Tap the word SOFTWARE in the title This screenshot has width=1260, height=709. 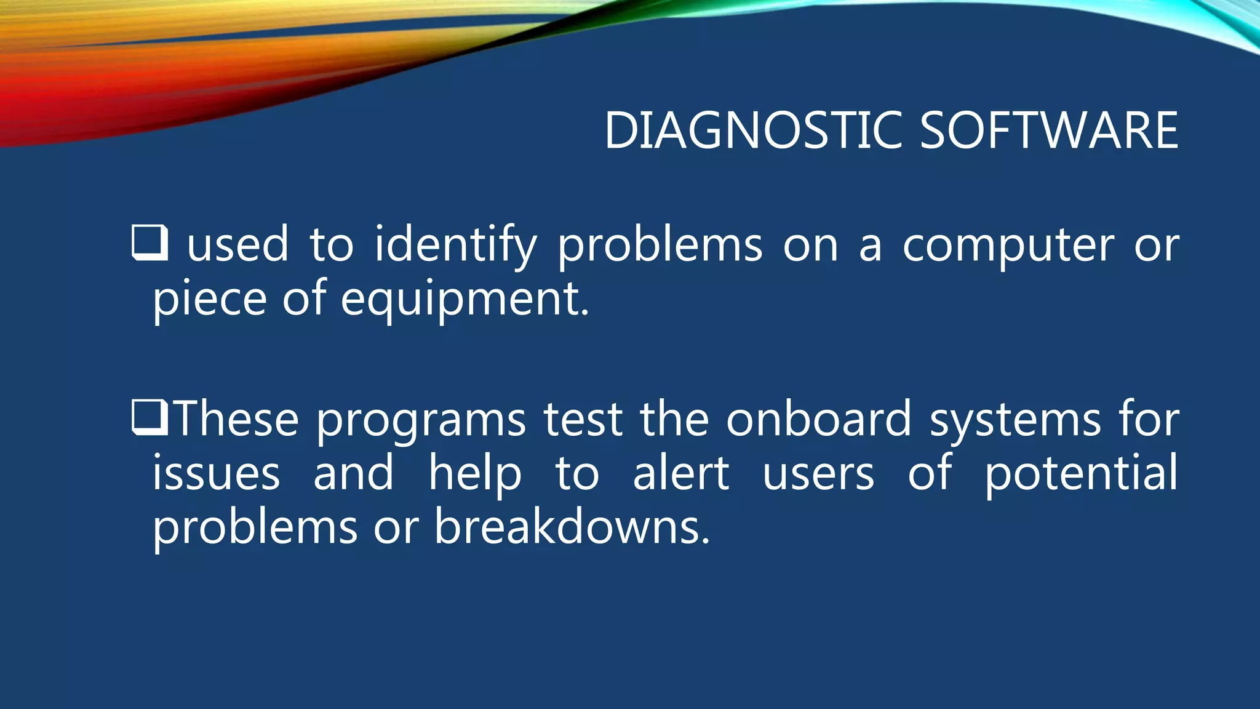[x=1049, y=130]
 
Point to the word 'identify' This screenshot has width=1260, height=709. [x=455, y=245]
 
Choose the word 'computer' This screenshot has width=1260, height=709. [x=1008, y=245]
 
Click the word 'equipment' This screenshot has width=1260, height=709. [x=465, y=299]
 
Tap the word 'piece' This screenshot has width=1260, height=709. [x=209, y=299]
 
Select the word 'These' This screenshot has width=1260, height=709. [x=237, y=419]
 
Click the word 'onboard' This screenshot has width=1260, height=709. [x=818, y=419]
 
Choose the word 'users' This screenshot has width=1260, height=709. [x=818, y=474]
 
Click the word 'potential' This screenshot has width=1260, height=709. [x=1081, y=474]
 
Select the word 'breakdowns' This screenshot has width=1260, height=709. [x=572, y=527]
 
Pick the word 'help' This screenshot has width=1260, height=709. [x=475, y=474]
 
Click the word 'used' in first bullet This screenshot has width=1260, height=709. [x=237, y=245]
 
